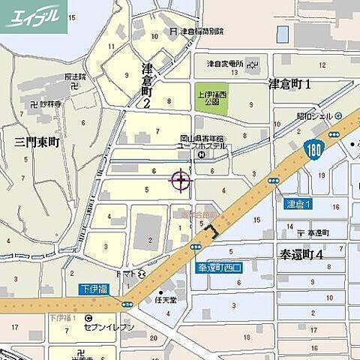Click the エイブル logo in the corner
click(34, 16)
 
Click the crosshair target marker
click(181, 180)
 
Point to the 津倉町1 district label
click(289, 85)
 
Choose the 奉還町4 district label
click(299, 253)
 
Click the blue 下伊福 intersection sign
click(94, 289)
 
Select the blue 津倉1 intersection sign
click(298, 204)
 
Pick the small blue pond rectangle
click(283, 34)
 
